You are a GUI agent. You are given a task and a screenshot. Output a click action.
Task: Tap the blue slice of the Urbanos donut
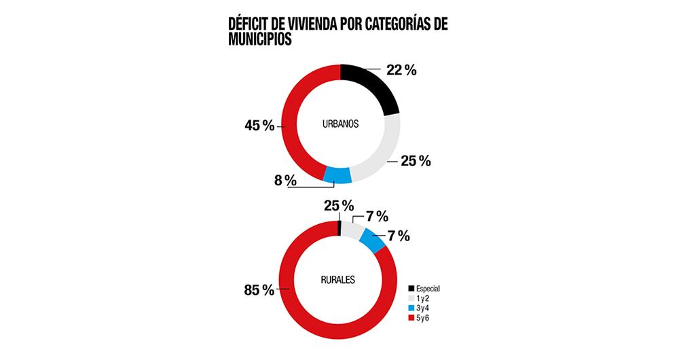point(337,175)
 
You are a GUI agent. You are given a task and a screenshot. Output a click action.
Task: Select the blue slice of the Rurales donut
point(371,240)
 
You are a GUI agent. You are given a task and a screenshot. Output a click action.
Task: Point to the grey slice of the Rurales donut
point(352,230)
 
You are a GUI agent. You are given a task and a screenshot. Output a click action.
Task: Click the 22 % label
point(401,70)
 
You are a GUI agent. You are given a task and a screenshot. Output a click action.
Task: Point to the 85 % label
point(259,290)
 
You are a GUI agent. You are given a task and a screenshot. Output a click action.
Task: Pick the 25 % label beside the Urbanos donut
point(416,161)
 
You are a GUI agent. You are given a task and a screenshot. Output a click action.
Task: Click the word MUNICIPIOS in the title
point(260,40)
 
